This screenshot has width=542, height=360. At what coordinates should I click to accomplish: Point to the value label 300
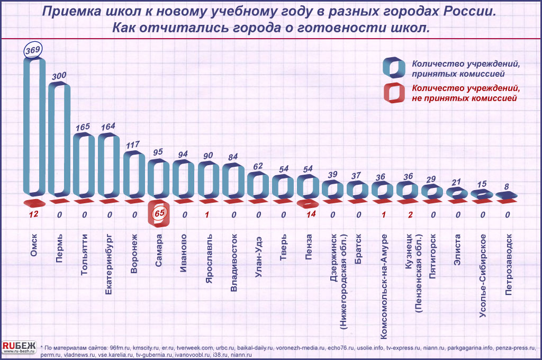point(59,76)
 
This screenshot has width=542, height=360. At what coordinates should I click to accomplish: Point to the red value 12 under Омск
point(33,214)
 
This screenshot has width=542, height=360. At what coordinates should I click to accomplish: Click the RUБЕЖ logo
point(19,347)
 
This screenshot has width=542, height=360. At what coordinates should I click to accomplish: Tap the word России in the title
point(471,12)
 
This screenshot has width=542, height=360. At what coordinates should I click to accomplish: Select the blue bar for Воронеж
point(134,173)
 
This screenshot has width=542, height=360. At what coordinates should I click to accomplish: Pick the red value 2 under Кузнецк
point(410,214)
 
